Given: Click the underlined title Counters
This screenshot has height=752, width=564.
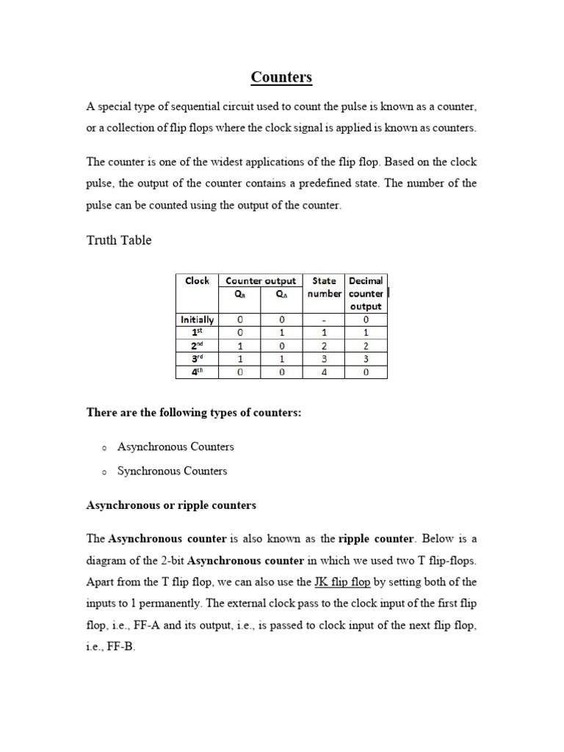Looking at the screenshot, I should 281,77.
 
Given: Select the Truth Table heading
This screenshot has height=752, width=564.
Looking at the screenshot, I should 119,240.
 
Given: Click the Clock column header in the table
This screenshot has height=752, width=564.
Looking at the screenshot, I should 197,281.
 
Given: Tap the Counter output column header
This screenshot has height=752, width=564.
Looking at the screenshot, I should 261,281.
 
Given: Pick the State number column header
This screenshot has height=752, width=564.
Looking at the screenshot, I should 324,286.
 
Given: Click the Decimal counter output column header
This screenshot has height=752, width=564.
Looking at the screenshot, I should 366,293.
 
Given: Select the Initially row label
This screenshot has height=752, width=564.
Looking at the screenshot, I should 197,319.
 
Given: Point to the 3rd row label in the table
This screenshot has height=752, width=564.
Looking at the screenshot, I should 197,359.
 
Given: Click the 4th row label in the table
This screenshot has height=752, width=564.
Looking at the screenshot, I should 197,372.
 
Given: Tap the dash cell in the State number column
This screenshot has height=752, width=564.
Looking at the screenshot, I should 324,319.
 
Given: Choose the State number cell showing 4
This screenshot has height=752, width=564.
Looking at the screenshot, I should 324,372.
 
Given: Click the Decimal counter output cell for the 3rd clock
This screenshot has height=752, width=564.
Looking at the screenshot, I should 366,359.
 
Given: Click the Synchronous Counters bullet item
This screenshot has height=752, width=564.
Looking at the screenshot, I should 172,471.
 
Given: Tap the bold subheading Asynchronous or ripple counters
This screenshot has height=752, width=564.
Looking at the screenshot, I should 171,505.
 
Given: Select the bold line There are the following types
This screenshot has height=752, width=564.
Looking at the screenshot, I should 194,413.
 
